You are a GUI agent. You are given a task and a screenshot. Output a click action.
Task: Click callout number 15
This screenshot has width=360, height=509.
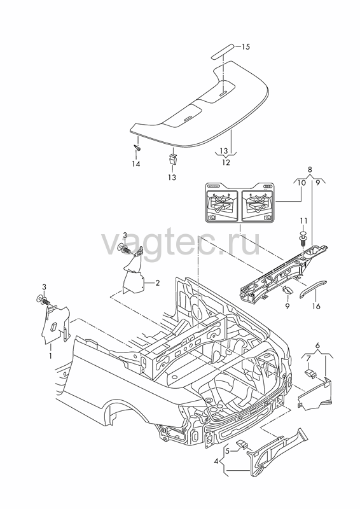(x=246, y=46)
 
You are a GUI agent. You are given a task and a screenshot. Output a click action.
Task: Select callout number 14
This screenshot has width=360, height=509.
(x=135, y=164)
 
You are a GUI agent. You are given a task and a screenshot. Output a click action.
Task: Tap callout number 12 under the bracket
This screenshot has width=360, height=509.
(x=226, y=162)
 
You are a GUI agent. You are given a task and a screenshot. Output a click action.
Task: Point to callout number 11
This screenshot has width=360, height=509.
(x=303, y=221)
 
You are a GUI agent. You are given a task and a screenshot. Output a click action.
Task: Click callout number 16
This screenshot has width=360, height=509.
(x=316, y=306)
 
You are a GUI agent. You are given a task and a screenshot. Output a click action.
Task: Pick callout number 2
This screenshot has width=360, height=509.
(x=157, y=283)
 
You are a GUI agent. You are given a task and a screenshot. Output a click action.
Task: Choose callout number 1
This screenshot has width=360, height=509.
(x=51, y=356)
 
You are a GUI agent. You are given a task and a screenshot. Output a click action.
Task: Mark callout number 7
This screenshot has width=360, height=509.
(x=308, y=358)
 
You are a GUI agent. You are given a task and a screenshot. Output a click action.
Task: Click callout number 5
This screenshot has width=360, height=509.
(x=227, y=450)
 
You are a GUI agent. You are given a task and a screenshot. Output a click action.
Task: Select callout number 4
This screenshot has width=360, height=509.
(x=216, y=461)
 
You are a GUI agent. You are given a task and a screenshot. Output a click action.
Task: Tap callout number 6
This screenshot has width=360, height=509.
(x=317, y=345)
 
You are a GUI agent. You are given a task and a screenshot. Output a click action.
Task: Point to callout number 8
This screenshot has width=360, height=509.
(x=310, y=169)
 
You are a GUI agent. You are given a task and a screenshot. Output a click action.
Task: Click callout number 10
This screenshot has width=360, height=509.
(x=301, y=183)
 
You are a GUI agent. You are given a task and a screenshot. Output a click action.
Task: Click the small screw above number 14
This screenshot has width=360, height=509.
(x=138, y=148)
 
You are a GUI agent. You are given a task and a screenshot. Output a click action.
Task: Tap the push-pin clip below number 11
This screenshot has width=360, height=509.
(x=303, y=239)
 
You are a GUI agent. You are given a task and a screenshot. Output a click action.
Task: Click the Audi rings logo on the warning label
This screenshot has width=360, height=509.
(x=267, y=186)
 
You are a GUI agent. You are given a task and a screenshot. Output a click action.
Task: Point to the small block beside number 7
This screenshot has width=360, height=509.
(x=310, y=373)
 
